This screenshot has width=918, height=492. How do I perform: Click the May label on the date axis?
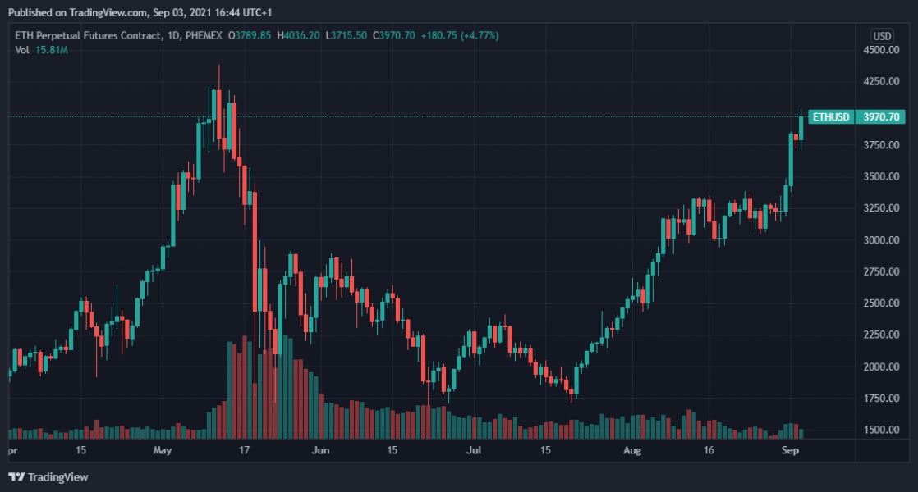162,451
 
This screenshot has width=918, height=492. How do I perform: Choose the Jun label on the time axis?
320,451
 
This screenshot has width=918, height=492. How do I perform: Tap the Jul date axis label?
473,451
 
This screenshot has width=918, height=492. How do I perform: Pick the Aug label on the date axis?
631,451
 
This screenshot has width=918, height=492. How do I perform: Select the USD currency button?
882,36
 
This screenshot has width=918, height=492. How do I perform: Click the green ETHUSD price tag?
830,117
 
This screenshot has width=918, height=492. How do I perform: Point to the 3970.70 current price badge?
882,117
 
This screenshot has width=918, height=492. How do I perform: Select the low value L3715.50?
347,36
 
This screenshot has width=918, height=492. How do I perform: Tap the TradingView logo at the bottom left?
48,476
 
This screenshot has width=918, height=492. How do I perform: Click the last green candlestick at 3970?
802,129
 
